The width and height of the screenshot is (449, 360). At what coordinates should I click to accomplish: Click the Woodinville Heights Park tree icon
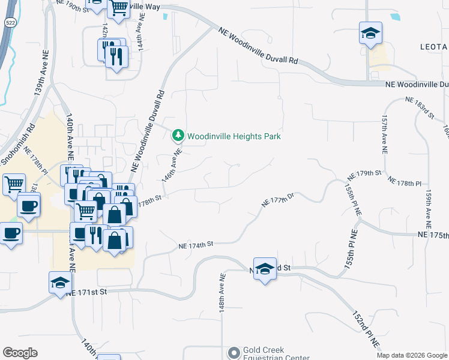[x=178, y=136]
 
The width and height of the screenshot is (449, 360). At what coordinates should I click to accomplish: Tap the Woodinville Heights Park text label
[x=234, y=137]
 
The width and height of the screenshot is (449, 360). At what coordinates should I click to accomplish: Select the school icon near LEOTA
[x=370, y=34]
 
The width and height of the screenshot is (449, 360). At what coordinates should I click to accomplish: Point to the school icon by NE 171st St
[x=60, y=282]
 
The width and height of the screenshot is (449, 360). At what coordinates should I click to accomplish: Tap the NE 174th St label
[x=196, y=245]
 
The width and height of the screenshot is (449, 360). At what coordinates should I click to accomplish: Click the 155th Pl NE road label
[x=351, y=199]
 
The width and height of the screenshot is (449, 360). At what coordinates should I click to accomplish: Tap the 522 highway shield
[x=10, y=22]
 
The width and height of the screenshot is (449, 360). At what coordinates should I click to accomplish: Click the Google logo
[x=20, y=353]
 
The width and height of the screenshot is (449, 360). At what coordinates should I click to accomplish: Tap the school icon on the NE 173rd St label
[x=264, y=269]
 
